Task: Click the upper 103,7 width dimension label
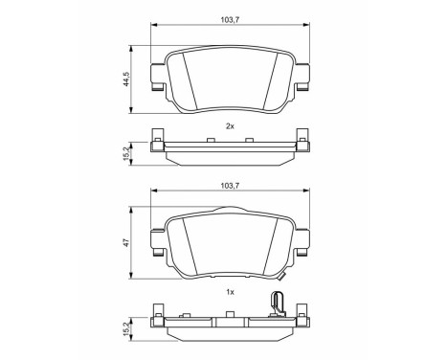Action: click(x=230, y=20)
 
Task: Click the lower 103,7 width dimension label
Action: click(x=230, y=186)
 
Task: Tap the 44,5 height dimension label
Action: click(x=126, y=79)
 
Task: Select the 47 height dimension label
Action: click(x=126, y=242)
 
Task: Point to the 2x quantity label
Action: click(x=230, y=126)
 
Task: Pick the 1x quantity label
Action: click(x=230, y=292)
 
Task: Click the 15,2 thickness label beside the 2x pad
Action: click(x=126, y=153)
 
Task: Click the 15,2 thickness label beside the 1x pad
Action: click(x=126, y=328)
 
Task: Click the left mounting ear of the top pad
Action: click(x=158, y=78)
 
